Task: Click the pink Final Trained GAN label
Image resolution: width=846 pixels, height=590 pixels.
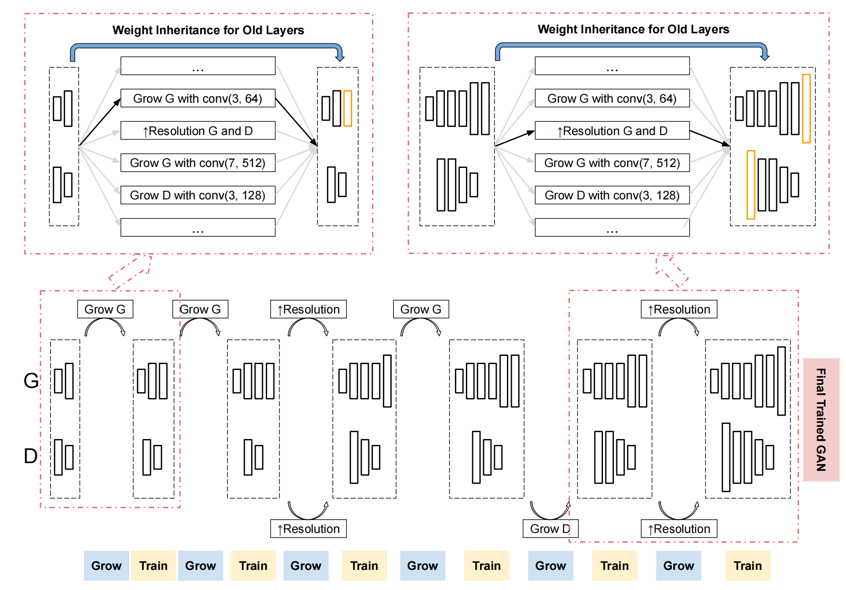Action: (820, 419)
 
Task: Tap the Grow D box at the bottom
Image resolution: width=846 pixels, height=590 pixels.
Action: (550, 528)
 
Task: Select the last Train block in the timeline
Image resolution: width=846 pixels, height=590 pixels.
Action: (747, 565)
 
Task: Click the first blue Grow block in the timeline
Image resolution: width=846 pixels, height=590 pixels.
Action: (106, 565)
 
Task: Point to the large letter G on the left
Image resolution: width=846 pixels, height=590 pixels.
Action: (31, 381)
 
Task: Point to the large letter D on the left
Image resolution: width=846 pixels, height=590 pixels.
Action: (31, 456)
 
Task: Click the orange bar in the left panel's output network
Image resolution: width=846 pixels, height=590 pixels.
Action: (347, 108)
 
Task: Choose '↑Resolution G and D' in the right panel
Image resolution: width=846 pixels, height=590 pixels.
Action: (612, 131)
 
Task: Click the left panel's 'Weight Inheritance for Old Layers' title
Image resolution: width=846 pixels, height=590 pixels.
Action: (208, 30)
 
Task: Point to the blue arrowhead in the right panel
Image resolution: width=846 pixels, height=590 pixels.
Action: (765, 57)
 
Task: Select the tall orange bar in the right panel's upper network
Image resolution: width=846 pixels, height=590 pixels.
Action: (806, 109)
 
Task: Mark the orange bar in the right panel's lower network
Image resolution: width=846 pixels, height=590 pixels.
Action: (751, 185)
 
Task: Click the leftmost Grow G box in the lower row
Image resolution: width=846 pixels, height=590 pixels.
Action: (105, 309)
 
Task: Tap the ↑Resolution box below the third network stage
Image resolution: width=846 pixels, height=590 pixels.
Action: (308, 528)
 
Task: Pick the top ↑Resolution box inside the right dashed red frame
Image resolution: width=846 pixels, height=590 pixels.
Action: (679, 309)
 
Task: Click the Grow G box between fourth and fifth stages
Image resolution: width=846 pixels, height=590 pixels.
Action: (420, 309)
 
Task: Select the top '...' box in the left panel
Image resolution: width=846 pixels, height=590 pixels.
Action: (198, 66)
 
